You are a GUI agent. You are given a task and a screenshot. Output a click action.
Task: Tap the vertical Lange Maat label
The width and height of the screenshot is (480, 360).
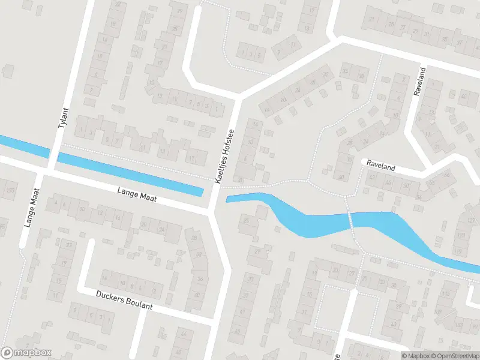[x=31, y=208]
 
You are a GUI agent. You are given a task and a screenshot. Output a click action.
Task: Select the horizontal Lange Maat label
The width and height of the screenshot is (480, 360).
[x=137, y=195]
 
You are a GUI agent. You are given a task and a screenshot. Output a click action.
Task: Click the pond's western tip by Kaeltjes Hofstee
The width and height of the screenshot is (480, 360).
[x=229, y=199]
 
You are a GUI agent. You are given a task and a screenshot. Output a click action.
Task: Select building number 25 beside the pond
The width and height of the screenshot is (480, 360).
[x=247, y=221]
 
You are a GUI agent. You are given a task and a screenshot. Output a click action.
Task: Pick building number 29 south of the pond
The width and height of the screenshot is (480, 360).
[x=259, y=252]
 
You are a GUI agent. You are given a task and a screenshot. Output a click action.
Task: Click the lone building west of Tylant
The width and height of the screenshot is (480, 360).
[x=8, y=71]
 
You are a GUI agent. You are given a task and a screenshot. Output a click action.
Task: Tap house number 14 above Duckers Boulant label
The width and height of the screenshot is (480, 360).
[x=104, y=278]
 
